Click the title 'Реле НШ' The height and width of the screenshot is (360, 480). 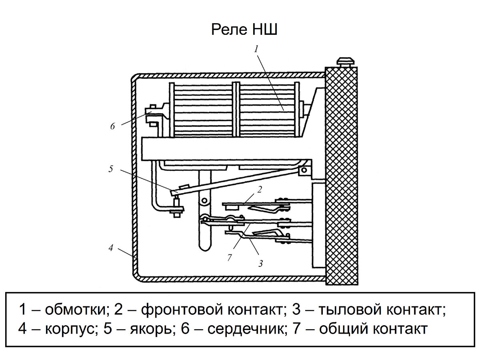click(244, 30)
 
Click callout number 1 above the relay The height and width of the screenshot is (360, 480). click(256, 49)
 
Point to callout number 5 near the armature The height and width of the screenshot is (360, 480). click(111, 169)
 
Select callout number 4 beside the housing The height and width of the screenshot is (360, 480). click(111, 248)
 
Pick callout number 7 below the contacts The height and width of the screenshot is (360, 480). click(229, 258)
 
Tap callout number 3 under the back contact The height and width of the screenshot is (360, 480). click(260, 264)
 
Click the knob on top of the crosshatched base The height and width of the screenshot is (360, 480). click(346, 62)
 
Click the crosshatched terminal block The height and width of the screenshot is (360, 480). click(341, 176)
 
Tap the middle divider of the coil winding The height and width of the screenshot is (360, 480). click(236, 110)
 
